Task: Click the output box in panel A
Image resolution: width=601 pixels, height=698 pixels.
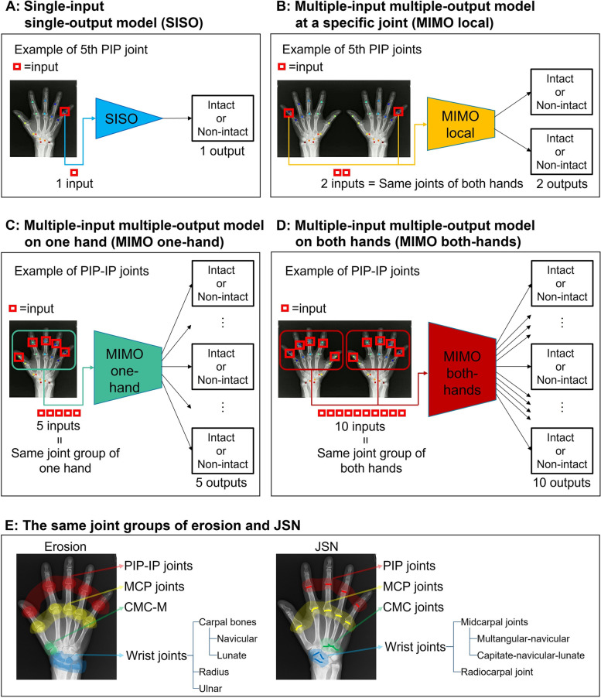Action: click(x=219, y=118)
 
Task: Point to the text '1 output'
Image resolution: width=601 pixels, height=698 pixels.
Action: click(x=220, y=152)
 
